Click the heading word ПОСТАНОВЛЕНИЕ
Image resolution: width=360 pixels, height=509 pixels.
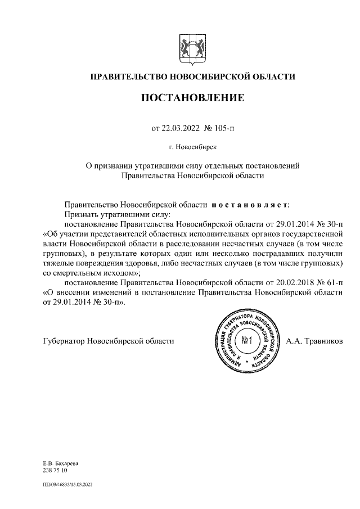[x=192, y=98]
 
